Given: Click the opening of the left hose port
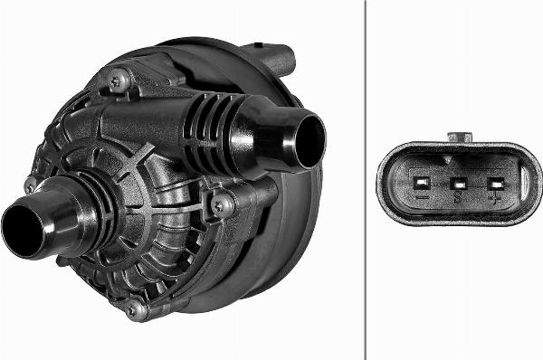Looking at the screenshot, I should tap(20, 230).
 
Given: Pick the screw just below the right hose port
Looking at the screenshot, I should tap(217, 205).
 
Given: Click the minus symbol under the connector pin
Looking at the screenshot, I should tap(420, 196).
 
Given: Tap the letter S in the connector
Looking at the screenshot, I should tap(459, 196).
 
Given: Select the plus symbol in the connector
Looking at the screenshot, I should tap(495, 196).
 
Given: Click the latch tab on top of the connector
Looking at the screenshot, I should tap(460, 137).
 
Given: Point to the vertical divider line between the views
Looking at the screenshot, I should tap(366, 180).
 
